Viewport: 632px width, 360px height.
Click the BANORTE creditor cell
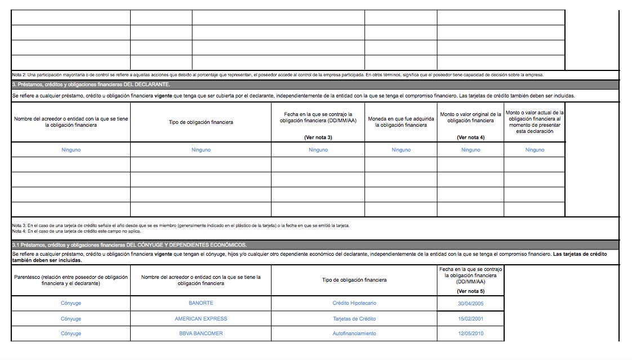click(201, 303)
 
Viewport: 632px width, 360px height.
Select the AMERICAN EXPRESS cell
click(201, 319)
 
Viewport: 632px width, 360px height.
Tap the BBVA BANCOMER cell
click(201, 334)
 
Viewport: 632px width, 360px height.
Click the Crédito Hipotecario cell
click(354, 303)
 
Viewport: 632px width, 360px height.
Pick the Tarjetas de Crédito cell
click(354, 319)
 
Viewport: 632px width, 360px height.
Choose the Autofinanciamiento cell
click(354, 334)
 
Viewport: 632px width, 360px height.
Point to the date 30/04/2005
click(470, 303)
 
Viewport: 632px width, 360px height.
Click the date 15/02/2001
click(470, 319)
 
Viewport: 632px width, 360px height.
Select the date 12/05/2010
click(470, 334)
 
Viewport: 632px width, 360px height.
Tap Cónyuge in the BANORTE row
click(71, 303)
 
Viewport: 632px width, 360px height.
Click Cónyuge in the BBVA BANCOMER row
click(71, 334)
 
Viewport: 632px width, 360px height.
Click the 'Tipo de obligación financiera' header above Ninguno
click(201, 122)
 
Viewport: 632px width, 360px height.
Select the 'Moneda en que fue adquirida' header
click(401, 122)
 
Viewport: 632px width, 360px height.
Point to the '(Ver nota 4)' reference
click(470, 137)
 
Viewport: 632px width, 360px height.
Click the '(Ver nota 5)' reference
click(470, 291)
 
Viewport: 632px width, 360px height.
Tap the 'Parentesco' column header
click(71, 280)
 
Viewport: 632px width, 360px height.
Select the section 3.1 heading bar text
click(130, 245)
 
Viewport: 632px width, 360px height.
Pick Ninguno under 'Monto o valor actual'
click(535, 150)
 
